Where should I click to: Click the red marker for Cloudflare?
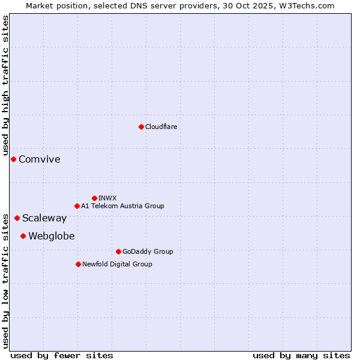click(x=141, y=127)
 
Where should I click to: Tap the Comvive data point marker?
click(x=13, y=159)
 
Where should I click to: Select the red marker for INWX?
click(x=94, y=198)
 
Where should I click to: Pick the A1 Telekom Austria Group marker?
click(x=77, y=206)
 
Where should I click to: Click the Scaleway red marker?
click(x=17, y=218)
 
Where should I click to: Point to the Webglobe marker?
click(x=23, y=236)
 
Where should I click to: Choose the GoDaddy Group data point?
click(x=118, y=251)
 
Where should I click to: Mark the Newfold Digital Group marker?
click(x=78, y=264)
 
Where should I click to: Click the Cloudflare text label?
click(x=161, y=127)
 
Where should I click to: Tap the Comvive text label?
click(x=40, y=159)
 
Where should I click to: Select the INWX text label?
click(x=107, y=198)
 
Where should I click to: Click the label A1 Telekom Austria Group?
click(x=122, y=206)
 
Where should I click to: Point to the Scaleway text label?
click(x=44, y=218)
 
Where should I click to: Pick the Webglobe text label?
click(x=52, y=236)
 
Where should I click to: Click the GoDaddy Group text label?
click(x=148, y=251)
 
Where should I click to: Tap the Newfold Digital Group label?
click(x=117, y=264)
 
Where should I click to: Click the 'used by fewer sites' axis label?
click(x=62, y=355)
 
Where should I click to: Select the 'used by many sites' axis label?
click(x=301, y=355)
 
